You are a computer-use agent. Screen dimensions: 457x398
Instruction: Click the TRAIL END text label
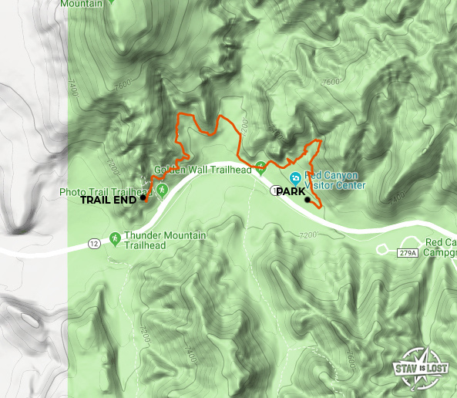(x=109, y=199)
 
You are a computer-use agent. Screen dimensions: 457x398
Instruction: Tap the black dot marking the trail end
(x=143, y=198)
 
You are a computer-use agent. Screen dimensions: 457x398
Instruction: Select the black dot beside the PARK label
(x=307, y=200)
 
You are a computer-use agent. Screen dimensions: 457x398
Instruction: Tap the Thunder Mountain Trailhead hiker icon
(x=115, y=238)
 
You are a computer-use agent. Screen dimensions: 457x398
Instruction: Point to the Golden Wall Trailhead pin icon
(x=261, y=166)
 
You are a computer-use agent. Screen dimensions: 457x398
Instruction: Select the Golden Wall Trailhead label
(x=203, y=170)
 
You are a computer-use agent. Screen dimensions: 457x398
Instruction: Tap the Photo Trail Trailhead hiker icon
(x=162, y=188)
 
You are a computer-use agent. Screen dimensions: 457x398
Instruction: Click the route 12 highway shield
(x=93, y=244)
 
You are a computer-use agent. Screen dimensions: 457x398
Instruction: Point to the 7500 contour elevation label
(x=332, y=81)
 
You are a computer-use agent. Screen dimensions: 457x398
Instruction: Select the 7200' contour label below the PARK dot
(x=307, y=234)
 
